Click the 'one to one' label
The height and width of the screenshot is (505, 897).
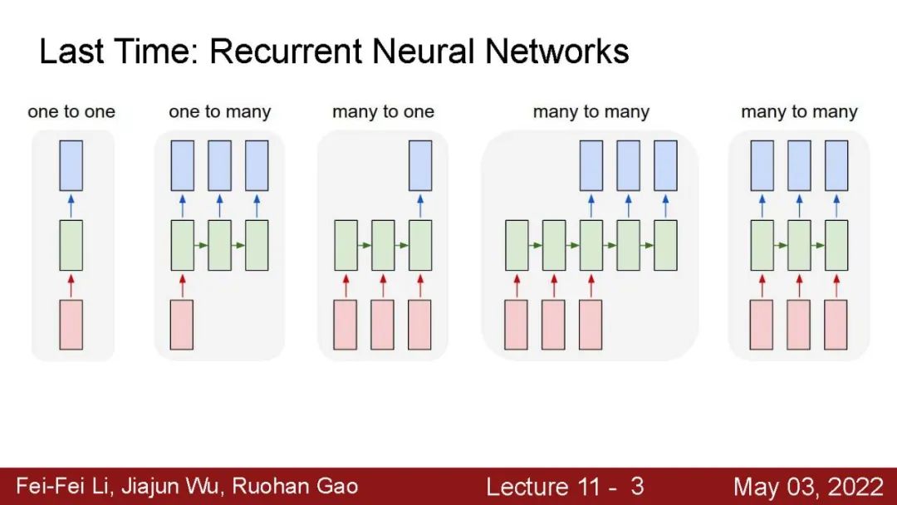(71, 111)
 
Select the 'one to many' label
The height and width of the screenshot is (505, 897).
(219, 111)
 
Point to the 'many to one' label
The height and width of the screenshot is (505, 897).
(383, 111)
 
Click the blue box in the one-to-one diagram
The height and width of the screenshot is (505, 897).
(71, 165)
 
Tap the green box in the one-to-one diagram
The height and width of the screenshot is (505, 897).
(71, 245)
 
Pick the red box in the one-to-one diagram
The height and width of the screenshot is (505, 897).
(71, 325)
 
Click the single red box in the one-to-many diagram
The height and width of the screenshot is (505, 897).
(182, 325)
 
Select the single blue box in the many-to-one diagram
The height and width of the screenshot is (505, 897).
(420, 165)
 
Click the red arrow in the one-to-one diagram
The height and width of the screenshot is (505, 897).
(71, 285)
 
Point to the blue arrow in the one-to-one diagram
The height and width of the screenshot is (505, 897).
(71, 205)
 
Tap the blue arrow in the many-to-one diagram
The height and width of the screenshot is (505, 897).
(420, 205)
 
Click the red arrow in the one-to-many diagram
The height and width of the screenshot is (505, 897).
(182, 285)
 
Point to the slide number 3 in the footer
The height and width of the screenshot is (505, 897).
(636, 486)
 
